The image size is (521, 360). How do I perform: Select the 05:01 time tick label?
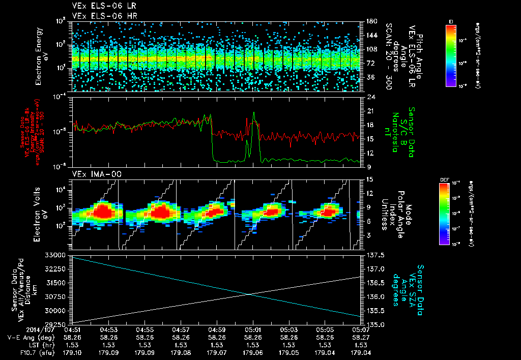(x=253, y=330)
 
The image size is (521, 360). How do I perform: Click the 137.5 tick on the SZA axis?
(x=375, y=254)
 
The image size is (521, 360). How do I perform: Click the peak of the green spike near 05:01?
(x=254, y=113)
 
